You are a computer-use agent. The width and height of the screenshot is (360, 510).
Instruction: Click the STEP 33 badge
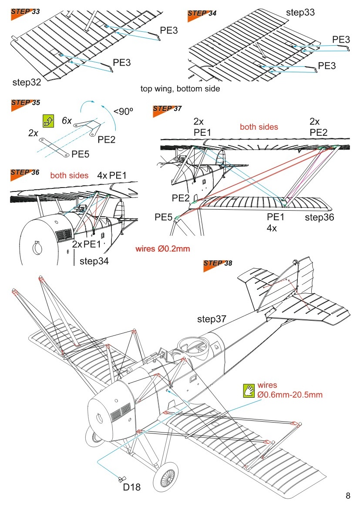pos(25,12)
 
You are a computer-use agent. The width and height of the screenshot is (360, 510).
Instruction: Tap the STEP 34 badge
pos(202,13)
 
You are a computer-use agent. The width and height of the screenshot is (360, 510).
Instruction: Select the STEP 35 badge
pos(25,103)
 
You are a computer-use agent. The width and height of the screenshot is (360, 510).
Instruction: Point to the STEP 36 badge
pos(25,173)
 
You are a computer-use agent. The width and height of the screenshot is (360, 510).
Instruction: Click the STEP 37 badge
pos(167,109)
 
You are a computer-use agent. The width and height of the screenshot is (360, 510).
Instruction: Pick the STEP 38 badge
pos(218,264)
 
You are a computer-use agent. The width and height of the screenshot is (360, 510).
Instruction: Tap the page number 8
pos(348,496)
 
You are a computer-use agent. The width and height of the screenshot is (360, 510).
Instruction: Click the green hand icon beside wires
pos(249,390)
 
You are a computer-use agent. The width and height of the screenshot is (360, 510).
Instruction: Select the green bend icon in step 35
pos(48,121)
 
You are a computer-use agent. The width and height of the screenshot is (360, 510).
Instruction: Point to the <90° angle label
pos(123,111)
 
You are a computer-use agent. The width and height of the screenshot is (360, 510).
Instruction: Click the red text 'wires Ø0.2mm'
pos(163,249)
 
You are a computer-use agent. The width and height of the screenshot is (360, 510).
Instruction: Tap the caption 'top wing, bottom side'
pos(180,89)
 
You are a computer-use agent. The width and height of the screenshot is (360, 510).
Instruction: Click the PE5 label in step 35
pos(81,154)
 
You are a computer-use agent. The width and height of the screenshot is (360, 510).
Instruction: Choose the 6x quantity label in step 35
pos(67,121)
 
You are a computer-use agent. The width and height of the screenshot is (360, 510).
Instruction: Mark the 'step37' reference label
pos(212,319)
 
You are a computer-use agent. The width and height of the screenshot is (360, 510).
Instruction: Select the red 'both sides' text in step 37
pos(259,127)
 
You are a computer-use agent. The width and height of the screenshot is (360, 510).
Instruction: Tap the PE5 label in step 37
pos(164,217)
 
